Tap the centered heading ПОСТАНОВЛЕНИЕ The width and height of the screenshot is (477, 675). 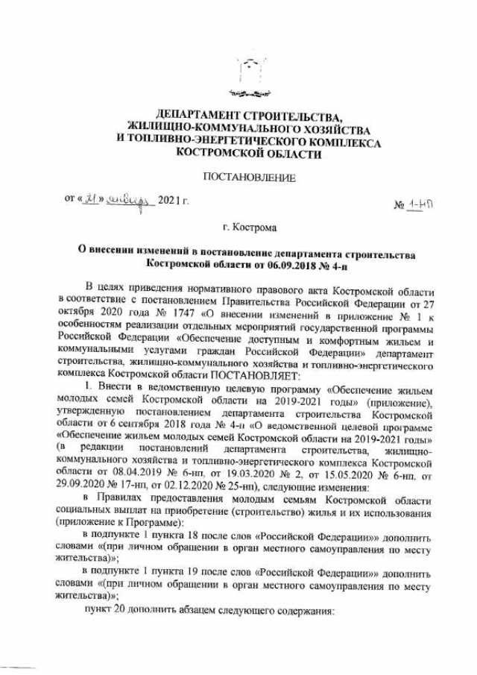click(239, 178)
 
